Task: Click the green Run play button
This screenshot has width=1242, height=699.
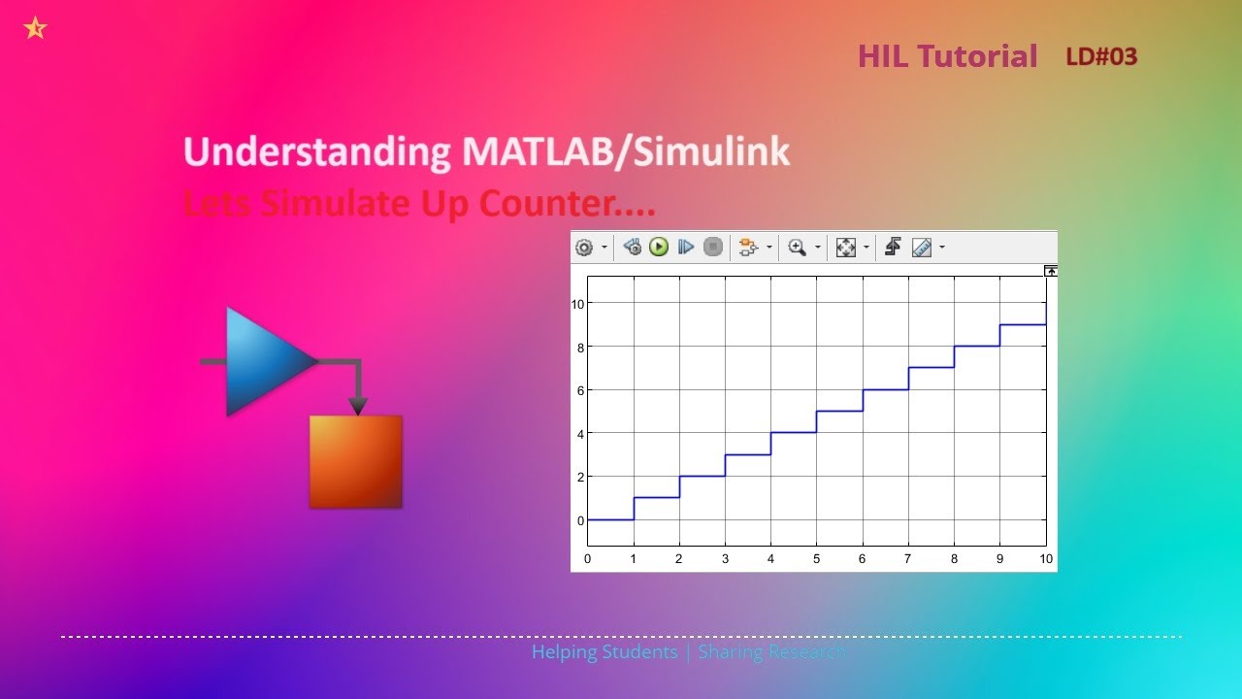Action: (659, 248)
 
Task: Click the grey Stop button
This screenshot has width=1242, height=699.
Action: (713, 248)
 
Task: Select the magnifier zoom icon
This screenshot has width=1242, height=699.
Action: (798, 248)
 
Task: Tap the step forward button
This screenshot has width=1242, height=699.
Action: (686, 248)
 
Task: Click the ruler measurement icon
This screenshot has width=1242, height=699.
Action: (921, 248)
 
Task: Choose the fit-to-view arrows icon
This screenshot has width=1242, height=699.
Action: (846, 248)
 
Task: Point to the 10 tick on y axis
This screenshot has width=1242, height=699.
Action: (578, 304)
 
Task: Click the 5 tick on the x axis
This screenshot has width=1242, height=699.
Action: (816, 559)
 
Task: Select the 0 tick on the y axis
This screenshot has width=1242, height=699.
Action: (581, 520)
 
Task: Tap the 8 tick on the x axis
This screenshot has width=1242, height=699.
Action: (954, 559)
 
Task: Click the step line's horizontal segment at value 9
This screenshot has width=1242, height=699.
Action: (1023, 324)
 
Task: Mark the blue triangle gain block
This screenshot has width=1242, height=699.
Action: (262, 361)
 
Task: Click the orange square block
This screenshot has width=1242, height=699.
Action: (355, 462)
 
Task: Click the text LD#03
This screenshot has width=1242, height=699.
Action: (1101, 56)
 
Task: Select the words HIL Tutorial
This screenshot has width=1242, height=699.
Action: (947, 56)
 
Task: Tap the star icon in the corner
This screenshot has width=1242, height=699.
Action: (35, 28)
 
